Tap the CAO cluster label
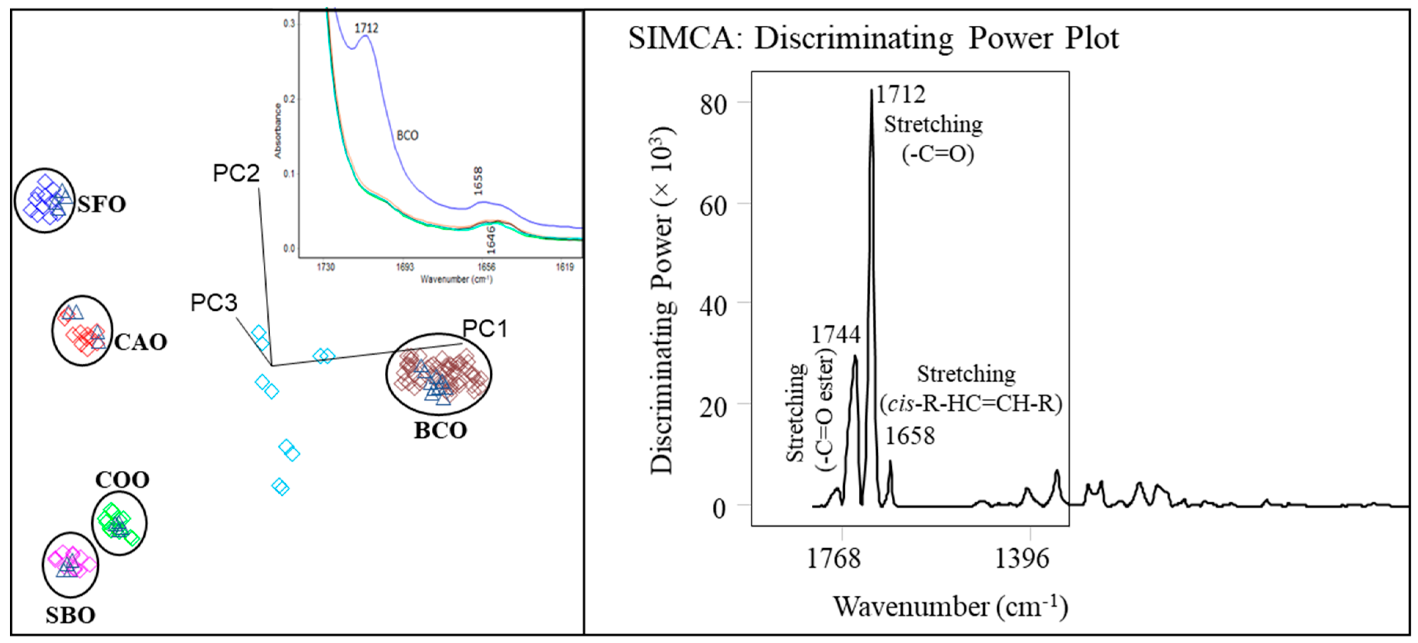point(140,342)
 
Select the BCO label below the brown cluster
point(441,430)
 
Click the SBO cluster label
point(70,615)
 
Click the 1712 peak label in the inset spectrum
point(366,28)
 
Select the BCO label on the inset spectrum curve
point(408,136)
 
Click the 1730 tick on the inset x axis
point(325,267)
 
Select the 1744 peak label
point(836,334)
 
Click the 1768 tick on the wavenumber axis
point(833,559)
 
